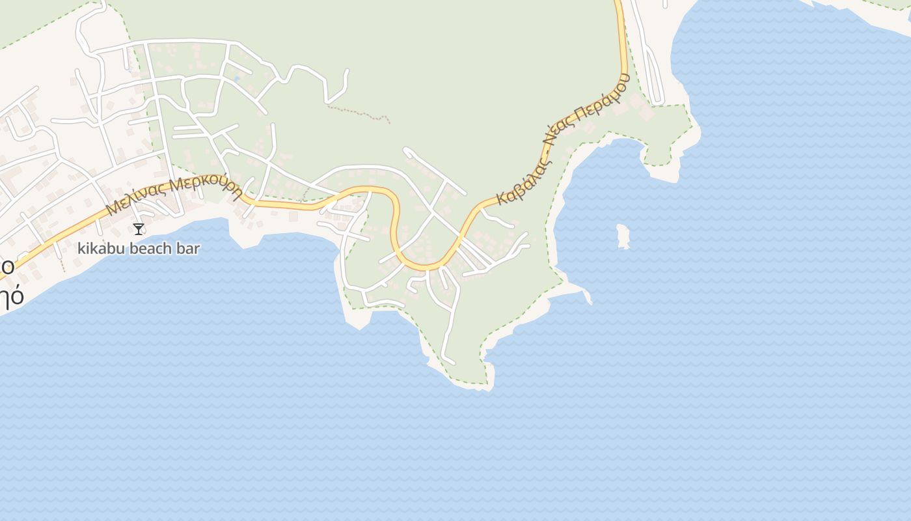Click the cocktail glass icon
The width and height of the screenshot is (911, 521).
[x=139, y=229]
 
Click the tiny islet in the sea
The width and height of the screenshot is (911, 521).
[x=623, y=236]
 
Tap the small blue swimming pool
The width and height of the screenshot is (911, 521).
[x=236, y=79]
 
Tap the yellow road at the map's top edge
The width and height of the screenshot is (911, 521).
[x=618, y=4]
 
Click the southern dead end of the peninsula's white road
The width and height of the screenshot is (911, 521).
[x=453, y=362]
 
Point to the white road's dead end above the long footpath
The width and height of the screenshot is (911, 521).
[x=347, y=71]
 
